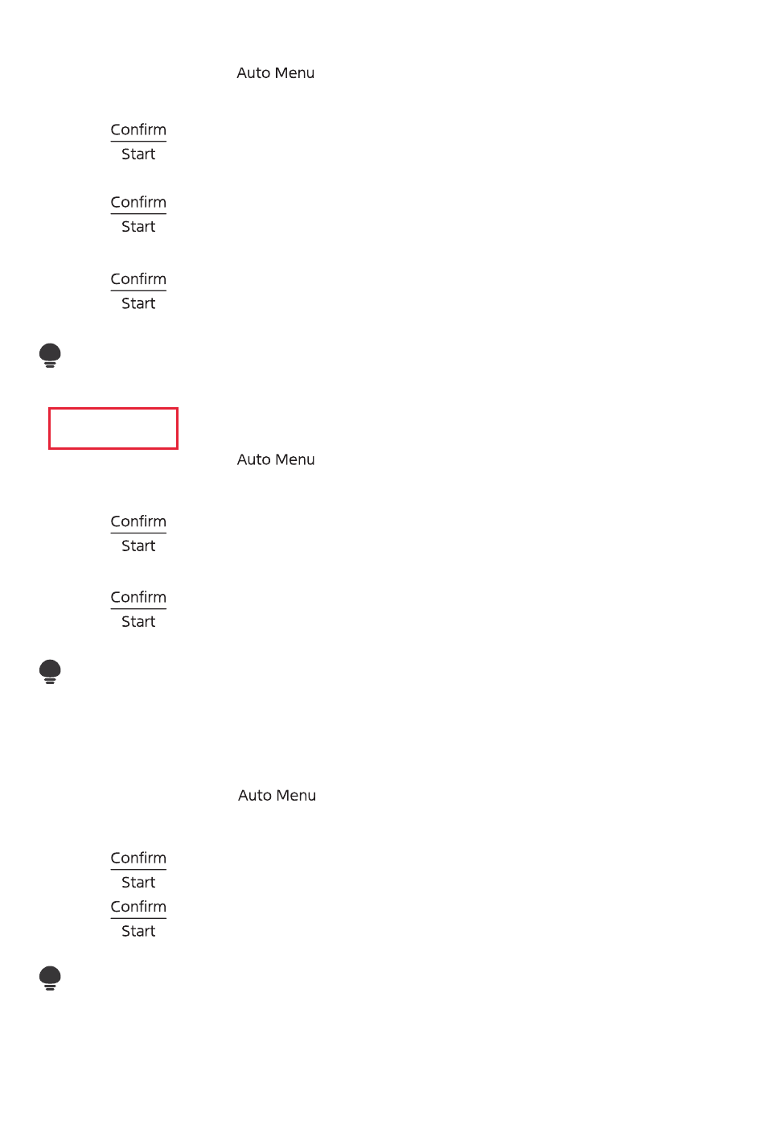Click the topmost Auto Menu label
(x=275, y=73)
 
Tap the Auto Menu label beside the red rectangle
(x=275, y=460)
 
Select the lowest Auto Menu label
(x=277, y=796)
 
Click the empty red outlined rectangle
(x=113, y=428)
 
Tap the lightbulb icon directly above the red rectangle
(x=50, y=355)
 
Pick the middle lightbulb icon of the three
(x=50, y=671)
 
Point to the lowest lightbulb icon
(x=50, y=978)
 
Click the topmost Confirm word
(x=138, y=130)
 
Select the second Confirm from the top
(x=138, y=203)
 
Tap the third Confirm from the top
(x=138, y=279)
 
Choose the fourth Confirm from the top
(x=138, y=522)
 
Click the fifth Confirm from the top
(x=138, y=598)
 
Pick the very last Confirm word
(x=138, y=907)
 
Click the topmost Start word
(x=138, y=154)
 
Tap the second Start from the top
(x=138, y=227)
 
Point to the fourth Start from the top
(x=138, y=546)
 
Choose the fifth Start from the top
(x=138, y=622)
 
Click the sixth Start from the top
(x=138, y=883)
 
